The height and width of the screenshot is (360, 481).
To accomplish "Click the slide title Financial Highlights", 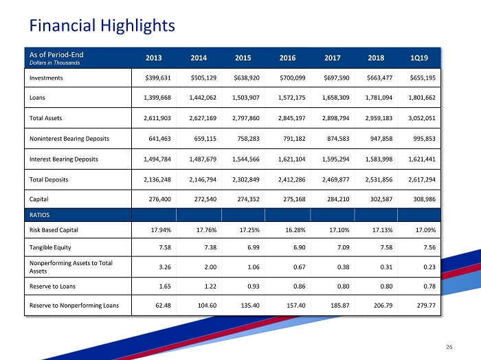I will click(102, 25).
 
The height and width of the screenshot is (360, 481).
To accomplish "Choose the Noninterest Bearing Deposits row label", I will click(69, 139).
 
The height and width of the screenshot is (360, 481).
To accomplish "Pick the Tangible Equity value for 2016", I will click(297, 247).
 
